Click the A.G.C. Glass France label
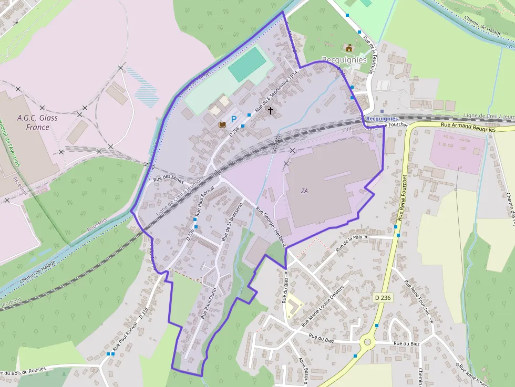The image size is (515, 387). pos(37,122)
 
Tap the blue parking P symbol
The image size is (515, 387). pos(234,119)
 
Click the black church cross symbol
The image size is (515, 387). pos(271,110)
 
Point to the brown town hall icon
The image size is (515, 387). pos(348,48)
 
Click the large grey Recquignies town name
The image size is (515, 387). pos(344,60)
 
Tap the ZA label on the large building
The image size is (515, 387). pos(304,191)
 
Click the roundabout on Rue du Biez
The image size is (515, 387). pos(367,342)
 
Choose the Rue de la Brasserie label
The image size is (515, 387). pos(231,221)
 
